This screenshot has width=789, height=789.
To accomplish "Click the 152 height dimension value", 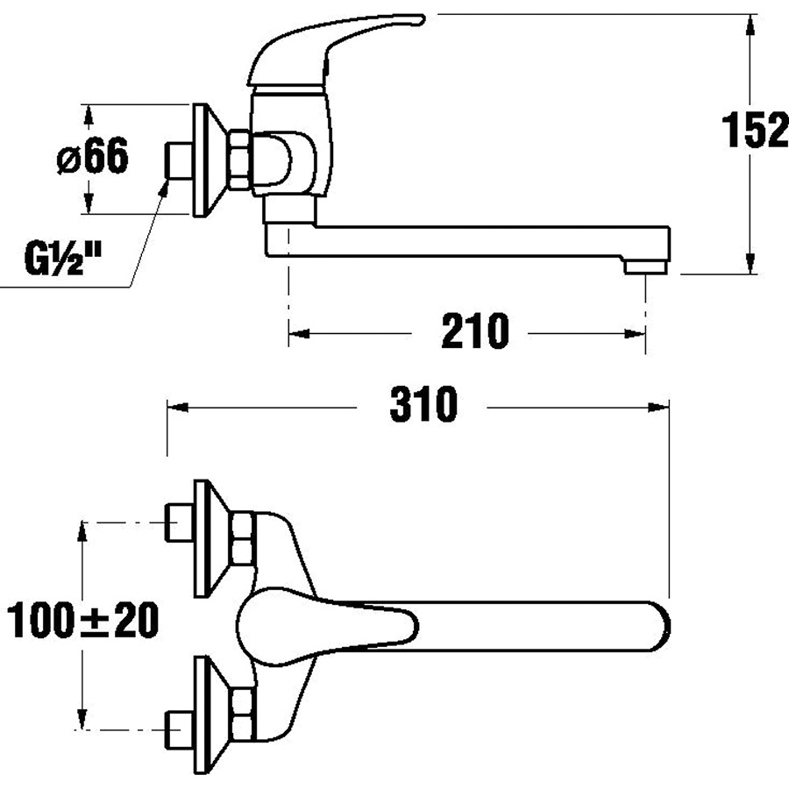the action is pyautogui.click(x=755, y=131).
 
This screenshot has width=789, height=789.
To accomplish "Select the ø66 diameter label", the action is pyautogui.click(x=93, y=156).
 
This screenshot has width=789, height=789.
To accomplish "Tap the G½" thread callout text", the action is pyautogui.click(x=63, y=259).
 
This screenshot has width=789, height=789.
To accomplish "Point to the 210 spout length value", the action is pyautogui.click(x=475, y=331).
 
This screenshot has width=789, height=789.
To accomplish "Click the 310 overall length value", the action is pyautogui.click(x=423, y=404).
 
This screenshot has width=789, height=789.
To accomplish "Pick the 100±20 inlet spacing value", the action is pyautogui.click(x=83, y=620).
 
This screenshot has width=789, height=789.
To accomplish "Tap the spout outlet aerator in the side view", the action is pyautogui.click(x=646, y=267).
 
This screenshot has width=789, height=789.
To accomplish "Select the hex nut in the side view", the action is pyautogui.click(x=239, y=160).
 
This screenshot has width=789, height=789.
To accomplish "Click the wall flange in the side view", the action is pyautogui.click(x=206, y=160).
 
